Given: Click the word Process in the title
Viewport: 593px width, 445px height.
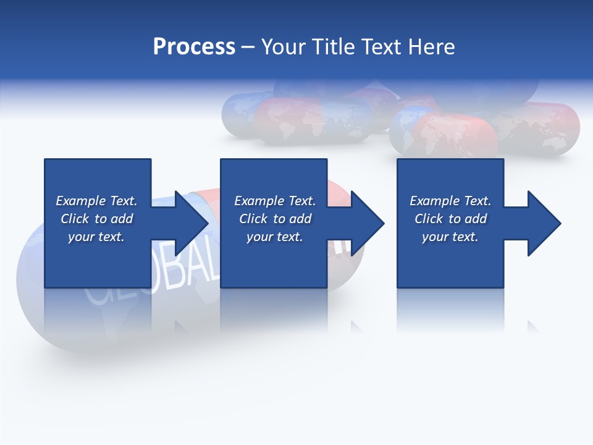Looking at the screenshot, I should (x=194, y=47).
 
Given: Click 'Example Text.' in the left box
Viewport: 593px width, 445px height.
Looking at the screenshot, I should (x=96, y=201).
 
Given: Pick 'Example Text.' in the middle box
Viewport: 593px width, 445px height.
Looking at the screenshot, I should (x=274, y=201).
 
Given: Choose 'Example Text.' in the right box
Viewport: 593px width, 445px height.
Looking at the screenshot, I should (x=450, y=201).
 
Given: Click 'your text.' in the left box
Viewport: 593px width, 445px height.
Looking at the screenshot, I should (x=96, y=237).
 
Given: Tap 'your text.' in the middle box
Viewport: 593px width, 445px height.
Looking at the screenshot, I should (x=274, y=237).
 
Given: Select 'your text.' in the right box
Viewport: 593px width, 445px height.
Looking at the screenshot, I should (x=450, y=237).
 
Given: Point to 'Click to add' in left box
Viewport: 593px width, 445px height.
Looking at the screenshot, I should (x=96, y=219).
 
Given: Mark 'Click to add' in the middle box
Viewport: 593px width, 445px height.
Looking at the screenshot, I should (x=274, y=219).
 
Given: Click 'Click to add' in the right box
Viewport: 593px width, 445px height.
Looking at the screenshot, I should (x=450, y=219).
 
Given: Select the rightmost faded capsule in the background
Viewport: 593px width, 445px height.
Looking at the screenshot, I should (x=544, y=127).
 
